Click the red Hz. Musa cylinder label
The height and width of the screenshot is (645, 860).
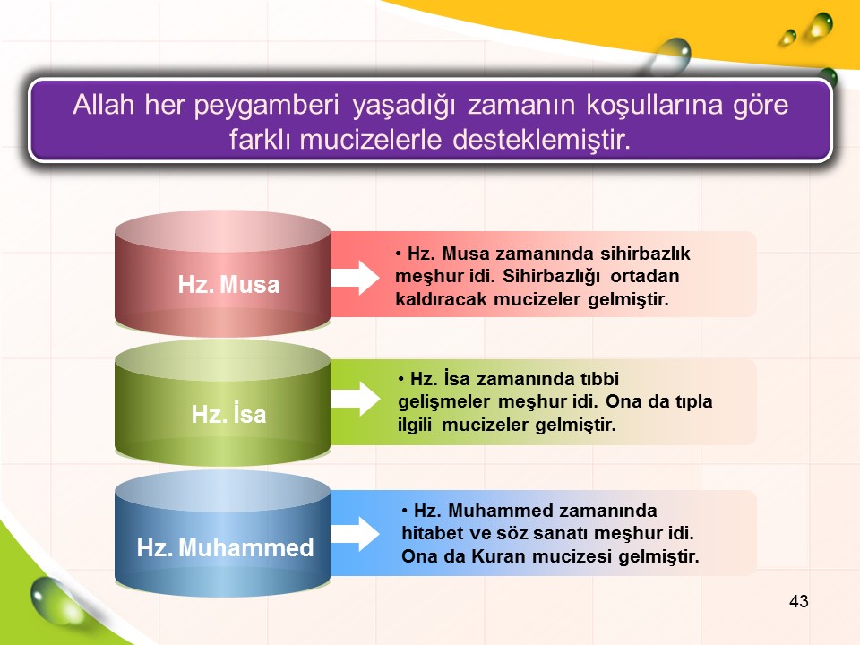coord(228,285)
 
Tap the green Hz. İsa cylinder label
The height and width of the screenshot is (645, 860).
coord(228,413)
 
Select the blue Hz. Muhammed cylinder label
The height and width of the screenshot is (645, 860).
coord(225,547)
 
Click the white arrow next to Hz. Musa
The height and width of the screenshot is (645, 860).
coord(355,278)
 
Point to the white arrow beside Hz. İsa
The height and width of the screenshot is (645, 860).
coord(355,398)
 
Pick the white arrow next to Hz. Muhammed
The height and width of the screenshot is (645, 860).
coord(355,534)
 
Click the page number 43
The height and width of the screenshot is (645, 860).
coord(798,601)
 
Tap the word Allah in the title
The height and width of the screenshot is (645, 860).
coord(104,104)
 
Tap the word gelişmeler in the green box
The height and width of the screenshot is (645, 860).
coord(443,402)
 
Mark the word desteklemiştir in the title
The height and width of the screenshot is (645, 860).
coord(542,140)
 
